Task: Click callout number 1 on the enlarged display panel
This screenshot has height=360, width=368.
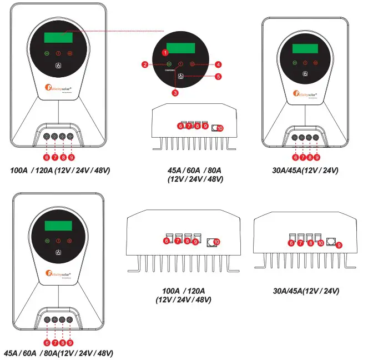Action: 164,52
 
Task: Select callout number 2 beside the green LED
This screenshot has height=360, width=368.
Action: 144,65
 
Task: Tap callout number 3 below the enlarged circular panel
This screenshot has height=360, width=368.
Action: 175,93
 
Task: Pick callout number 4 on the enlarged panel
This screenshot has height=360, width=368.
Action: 218,64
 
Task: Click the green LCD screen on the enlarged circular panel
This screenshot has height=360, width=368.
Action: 180,47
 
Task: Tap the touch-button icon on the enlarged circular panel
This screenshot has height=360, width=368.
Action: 181,76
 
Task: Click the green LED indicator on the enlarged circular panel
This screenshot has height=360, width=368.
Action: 169,64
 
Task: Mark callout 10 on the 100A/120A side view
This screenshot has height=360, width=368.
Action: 216,242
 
